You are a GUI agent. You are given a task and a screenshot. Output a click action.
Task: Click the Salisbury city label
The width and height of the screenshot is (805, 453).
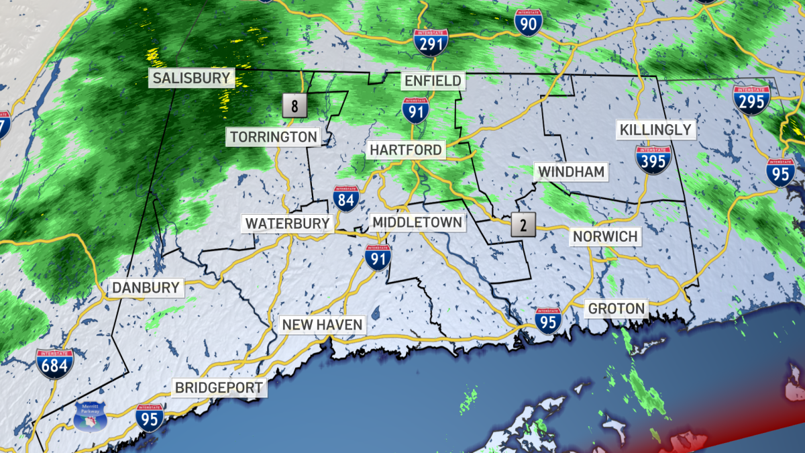[191, 78]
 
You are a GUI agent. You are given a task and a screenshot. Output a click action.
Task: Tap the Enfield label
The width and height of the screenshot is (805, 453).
[433, 81]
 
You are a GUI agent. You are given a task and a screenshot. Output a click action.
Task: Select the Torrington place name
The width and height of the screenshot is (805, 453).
[273, 137]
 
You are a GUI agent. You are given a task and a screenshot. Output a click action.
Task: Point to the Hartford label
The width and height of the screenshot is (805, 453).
[406, 150]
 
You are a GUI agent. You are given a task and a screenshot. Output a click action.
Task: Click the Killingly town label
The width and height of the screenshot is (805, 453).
[655, 130]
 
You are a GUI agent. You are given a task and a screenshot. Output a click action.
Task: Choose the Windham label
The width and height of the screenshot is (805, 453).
[571, 172]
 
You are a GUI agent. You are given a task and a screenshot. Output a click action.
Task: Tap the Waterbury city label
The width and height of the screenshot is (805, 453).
[287, 223]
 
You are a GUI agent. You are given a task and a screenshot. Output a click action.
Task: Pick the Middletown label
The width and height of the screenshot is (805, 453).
[417, 222]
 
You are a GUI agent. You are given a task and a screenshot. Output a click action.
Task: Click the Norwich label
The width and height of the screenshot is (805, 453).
[604, 236]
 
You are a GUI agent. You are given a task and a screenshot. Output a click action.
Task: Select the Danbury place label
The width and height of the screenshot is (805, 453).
[146, 288]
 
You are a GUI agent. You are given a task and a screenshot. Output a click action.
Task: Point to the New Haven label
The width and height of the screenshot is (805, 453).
[322, 325]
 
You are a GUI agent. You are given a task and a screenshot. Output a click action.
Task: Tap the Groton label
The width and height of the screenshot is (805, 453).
[616, 309]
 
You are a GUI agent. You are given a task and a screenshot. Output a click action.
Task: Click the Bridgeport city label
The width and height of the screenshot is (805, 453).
[219, 387]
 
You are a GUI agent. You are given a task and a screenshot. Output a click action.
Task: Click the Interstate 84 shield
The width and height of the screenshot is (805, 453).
[346, 199]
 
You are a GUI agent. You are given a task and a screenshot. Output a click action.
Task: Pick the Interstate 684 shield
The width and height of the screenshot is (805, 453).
[54, 363]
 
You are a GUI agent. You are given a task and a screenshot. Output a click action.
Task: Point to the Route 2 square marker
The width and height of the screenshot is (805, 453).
[523, 225]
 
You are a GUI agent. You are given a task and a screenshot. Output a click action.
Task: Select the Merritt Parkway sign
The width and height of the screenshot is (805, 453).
[91, 417]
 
